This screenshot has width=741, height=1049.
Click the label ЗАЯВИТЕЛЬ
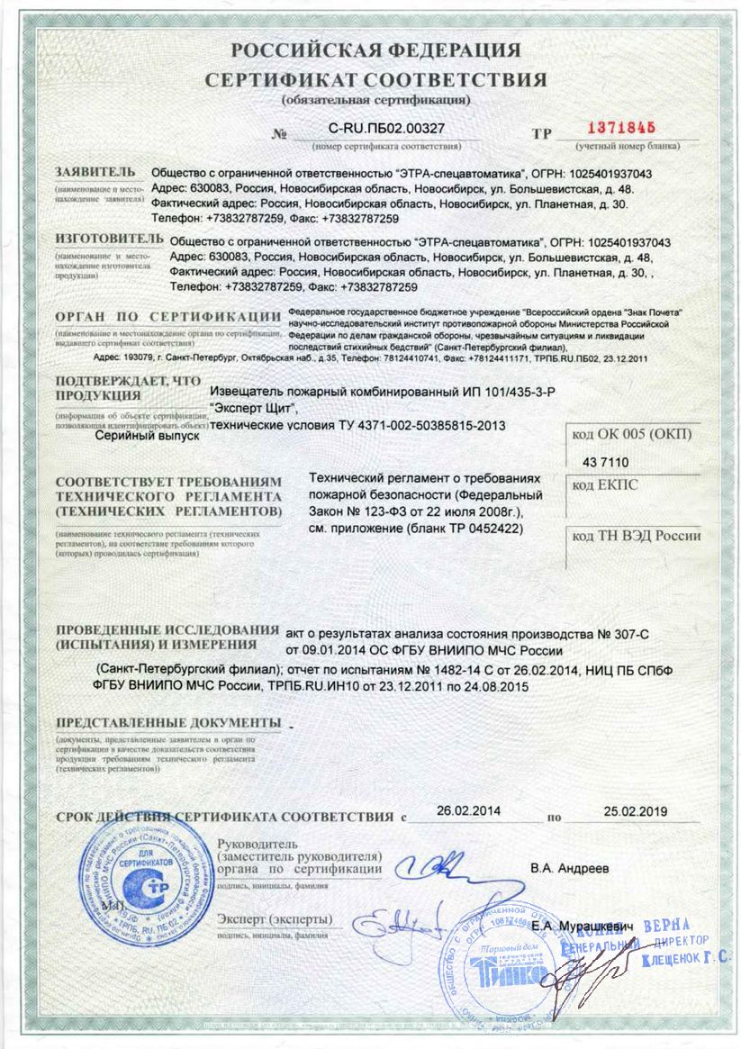[x=95, y=171]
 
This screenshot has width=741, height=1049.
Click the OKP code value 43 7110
[x=610, y=462]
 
